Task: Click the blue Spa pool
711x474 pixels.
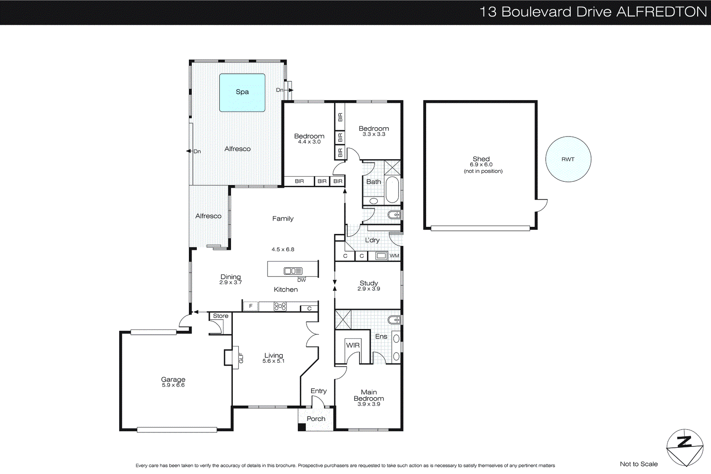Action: point(242,92)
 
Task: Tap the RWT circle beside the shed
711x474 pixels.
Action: point(568,159)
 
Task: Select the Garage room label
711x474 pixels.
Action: point(173,379)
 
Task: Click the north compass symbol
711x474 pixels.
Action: point(684,448)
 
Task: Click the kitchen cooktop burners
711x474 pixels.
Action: point(280,306)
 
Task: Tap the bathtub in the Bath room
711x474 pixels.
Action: point(392,190)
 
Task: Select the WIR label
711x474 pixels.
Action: point(353,345)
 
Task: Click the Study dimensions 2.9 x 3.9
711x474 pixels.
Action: point(368,289)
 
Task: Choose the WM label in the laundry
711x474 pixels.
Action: point(394,256)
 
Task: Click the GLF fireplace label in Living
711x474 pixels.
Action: point(241,358)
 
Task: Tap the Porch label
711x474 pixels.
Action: point(316,419)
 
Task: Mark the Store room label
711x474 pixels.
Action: point(220,316)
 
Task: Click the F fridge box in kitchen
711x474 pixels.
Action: point(251,306)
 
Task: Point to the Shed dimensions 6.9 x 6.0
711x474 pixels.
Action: point(481,165)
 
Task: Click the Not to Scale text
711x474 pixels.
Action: point(639,464)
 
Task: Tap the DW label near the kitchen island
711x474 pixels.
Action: point(301,280)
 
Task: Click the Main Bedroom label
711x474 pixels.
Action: point(368,395)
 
